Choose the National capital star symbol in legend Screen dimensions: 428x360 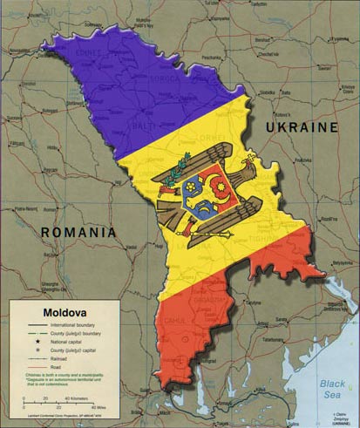click(37, 343)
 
